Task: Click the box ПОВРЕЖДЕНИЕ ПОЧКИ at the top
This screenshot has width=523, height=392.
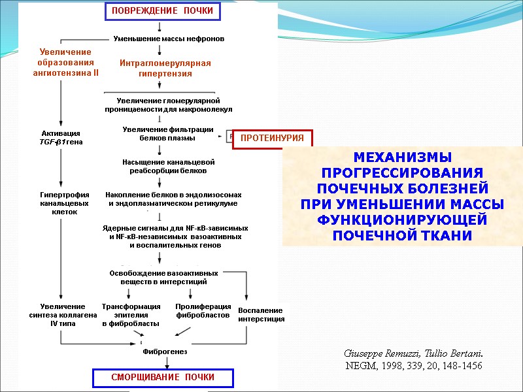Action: (x=161, y=12)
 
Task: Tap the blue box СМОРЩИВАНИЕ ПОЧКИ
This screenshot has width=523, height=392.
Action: (x=163, y=378)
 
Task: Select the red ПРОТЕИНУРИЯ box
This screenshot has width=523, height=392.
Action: (x=273, y=139)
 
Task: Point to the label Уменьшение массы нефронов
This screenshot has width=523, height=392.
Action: (x=169, y=39)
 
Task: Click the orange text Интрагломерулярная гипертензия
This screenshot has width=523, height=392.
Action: (x=165, y=68)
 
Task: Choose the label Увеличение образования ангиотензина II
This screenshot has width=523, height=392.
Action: (x=65, y=62)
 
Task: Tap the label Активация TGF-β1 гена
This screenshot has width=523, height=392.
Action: (x=60, y=137)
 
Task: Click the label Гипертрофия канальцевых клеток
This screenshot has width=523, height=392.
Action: (x=59, y=203)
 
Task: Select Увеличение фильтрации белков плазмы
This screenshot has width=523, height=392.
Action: (x=168, y=134)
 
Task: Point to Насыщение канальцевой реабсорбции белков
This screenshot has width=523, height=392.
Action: (x=168, y=166)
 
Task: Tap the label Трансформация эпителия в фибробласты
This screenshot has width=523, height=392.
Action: (x=131, y=315)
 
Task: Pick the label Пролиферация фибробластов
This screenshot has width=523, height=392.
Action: (x=203, y=311)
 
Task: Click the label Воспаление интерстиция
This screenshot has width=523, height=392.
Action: (x=261, y=314)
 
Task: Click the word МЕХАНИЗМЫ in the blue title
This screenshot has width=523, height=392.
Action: (x=402, y=157)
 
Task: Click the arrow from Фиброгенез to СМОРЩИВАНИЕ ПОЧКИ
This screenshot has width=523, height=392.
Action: (x=159, y=363)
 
